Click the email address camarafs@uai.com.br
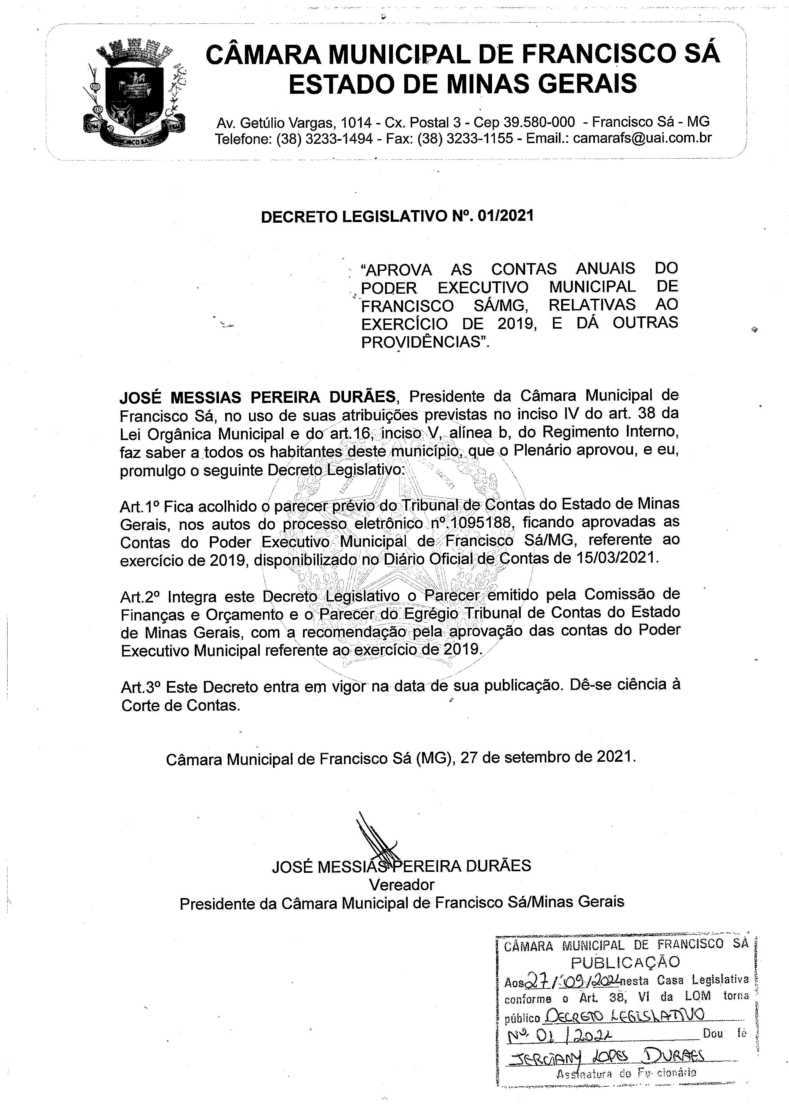pyautogui.click(x=642, y=138)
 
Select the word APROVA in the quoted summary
pyautogui.click(x=397, y=269)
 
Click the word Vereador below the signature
pyautogui.click(x=401, y=884)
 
